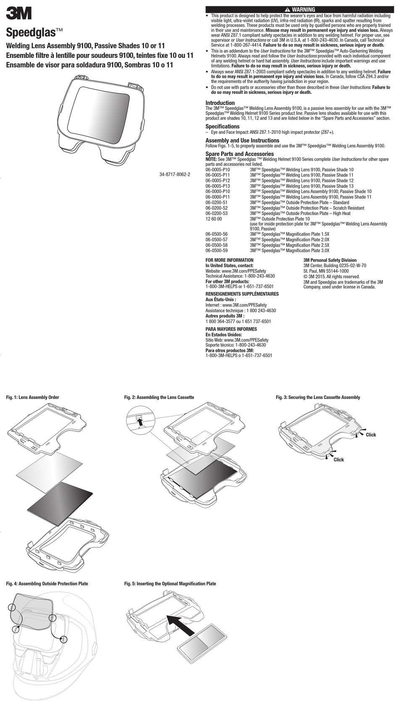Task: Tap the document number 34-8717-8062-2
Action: [x=175, y=174]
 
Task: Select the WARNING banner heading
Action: [x=299, y=10]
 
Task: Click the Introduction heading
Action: [x=220, y=103]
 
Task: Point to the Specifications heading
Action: [x=223, y=126]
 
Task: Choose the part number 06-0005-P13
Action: [x=218, y=186]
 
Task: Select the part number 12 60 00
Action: [x=214, y=219]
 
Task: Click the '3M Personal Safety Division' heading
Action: [x=330, y=260]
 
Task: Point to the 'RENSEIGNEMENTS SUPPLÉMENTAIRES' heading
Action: [x=242, y=294]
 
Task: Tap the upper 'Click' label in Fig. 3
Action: [x=371, y=435]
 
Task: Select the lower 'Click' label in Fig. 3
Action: [x=339, y=460]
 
